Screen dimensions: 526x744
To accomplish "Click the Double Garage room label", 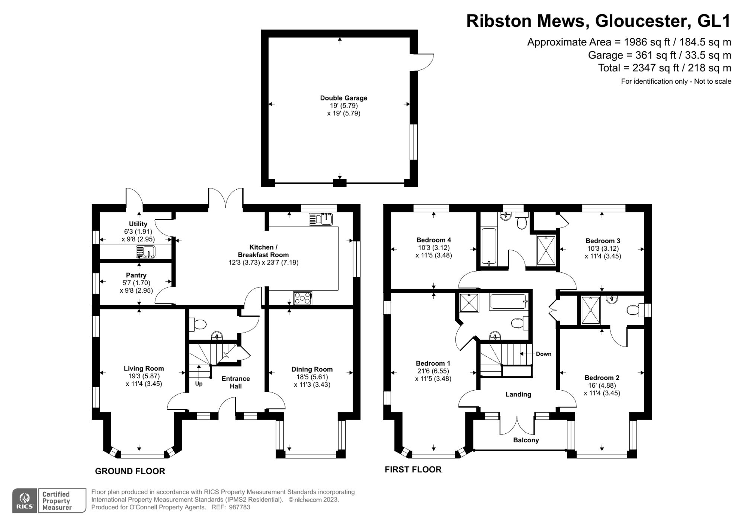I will tap(343, 98).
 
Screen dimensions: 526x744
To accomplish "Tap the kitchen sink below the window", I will tap(321, 219).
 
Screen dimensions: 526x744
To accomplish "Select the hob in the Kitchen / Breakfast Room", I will tap(302, 298).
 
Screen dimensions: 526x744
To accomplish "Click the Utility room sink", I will tap(145, 252).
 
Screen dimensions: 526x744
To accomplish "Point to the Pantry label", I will tap(136, 275).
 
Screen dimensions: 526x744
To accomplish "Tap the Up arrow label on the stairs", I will tap(199, 384).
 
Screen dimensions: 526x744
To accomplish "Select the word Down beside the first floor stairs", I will tap(543, 354).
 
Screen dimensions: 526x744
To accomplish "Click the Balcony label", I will tap(526, 440).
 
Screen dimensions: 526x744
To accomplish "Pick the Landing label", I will tap(518, 394).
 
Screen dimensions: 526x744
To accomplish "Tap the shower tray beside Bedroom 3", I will tap(546, 250).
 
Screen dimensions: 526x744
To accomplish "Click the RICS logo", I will tap(25, 501).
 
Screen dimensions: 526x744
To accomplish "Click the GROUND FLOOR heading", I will tap(130, 471).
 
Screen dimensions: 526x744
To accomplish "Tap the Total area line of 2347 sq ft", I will tap(664, 68).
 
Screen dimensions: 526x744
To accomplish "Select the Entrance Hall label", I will tap(235, 382).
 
